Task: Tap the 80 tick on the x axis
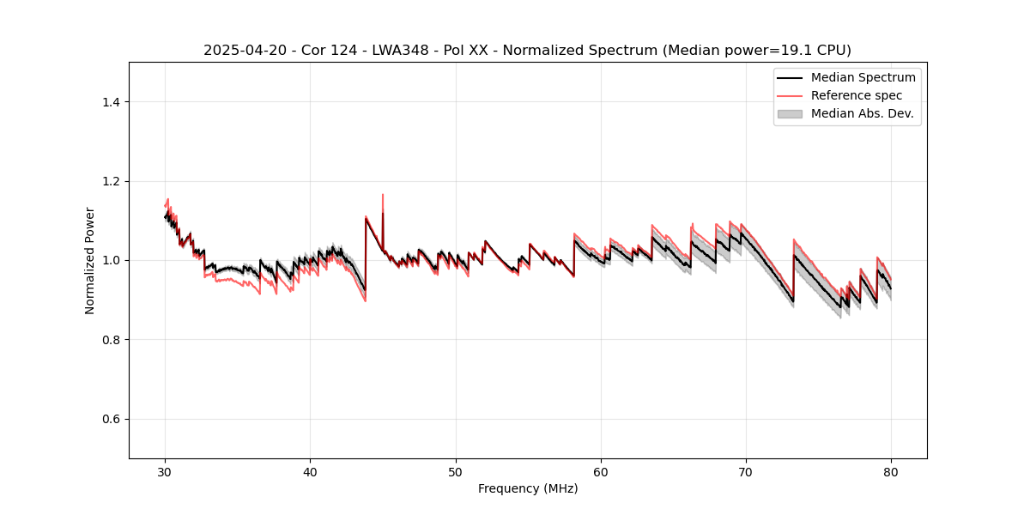coord(891,458)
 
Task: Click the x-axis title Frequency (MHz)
coord(528,488)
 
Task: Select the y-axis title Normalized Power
coord(90,260)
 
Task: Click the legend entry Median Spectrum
coord(863,77)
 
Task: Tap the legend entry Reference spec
coord(857,95)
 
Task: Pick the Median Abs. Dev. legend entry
coord(862,113)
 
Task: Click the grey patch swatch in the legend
coord(790,113)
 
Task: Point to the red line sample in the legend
coord(790,95)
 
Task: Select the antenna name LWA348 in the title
coord(400,51)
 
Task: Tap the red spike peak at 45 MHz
coord(383,195)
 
